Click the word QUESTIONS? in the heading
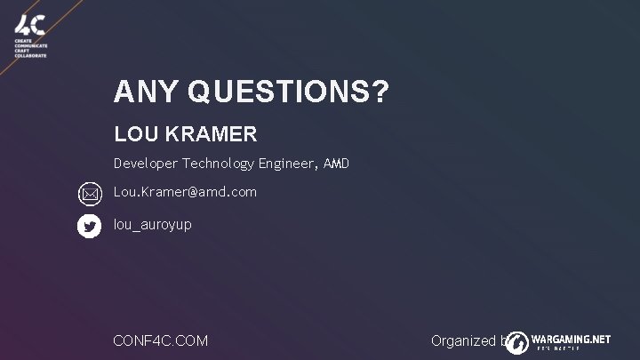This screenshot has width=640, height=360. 287,92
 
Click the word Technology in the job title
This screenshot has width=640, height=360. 219,164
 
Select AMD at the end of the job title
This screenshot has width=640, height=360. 337,164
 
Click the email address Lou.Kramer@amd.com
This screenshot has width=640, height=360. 185,192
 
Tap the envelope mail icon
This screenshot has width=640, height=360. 90,193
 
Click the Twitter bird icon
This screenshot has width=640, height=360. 90,227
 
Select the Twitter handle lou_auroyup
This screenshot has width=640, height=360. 152,226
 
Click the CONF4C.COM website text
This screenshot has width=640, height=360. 162,340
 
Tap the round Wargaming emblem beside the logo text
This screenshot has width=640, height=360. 518,341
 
